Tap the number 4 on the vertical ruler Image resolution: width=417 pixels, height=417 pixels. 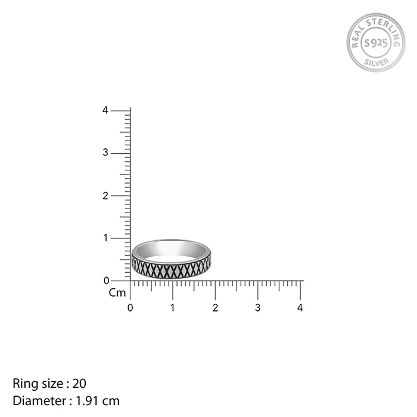(x=105, y=110)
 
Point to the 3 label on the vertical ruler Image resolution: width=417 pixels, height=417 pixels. (x=105, y=153)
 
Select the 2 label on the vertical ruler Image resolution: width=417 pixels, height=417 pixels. (x=105, y=196)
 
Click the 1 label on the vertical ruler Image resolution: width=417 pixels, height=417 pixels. (x=105, y=238)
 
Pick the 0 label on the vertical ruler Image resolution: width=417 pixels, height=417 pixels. (x=107, y=281)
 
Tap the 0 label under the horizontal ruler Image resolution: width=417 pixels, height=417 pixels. (x=130, y=308)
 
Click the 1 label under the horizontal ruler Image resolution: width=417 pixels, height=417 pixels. (x=173, y=308)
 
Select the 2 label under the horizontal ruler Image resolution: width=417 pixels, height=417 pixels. (x=215, y=308)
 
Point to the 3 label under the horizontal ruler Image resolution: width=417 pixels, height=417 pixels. (x=257, y=308)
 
